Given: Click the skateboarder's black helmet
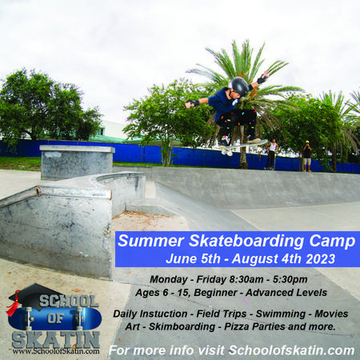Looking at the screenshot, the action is [x=240, y=86].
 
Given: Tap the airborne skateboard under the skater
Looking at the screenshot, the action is [x=243, y=146].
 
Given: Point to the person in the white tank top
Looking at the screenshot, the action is [x=271, y=154].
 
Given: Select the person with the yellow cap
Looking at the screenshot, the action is [x=307, y=156].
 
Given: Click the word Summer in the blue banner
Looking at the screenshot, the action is [x=150, y=241].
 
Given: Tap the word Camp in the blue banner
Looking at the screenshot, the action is [x=332, y=242].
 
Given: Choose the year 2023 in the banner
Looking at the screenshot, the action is [x=320, y=259].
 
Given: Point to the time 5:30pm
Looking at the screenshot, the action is [x=290, y=279].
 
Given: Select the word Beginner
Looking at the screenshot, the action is [x=215, y=293].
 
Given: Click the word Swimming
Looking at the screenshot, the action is [x=281, y=314].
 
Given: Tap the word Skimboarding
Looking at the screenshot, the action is [x=182, y=326].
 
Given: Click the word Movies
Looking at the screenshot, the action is [x=331, y=314].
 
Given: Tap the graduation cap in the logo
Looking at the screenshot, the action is [x=34, y=296].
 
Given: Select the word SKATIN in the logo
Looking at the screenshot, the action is [x=56, y=340].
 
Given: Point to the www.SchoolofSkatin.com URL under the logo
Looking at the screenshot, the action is [x=56, y=351].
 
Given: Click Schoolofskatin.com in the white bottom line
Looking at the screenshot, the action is [x=291, y=350].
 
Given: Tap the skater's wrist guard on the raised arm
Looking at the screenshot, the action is [x=262, y=79].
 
